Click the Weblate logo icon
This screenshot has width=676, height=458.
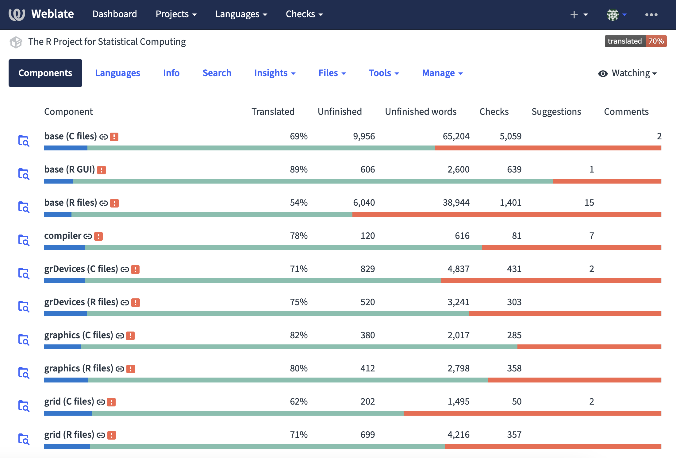coord(17,14)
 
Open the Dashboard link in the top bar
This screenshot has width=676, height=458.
coord(115,14)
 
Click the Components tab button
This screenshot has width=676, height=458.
coord(45,73)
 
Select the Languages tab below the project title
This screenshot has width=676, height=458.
coord(117,73)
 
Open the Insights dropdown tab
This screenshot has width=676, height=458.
coord(275,73)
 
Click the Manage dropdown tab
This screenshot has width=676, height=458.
coord(442,73)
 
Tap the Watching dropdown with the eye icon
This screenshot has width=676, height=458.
coord(627,73)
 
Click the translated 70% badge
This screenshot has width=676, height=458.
coord(635,41)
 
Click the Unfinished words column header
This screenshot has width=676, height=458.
coord(421,112)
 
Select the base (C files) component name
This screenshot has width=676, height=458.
coord(71,136)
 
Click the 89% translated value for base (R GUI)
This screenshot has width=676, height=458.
coord(298,169)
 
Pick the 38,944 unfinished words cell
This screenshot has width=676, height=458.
coord(456,203)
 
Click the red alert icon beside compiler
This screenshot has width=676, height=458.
coord(98,236)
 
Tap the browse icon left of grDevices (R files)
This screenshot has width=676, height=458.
coord(24,306)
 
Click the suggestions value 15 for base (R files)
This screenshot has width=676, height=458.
coord(589,203)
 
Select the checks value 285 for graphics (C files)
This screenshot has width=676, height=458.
coord(514,335)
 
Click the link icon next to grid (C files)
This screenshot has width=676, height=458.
coord(101,402)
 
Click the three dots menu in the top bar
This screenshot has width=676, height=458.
coord(651,14)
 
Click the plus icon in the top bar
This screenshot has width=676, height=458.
coord(574,14)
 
